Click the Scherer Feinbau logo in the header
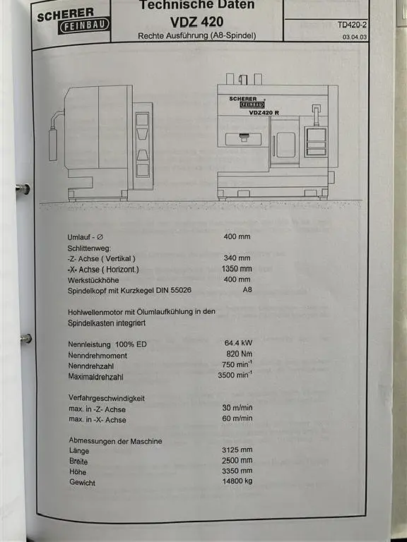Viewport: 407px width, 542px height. click(x=73, y=21)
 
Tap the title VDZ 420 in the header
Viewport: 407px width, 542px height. click(x=196, y=22)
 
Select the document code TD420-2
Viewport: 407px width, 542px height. click(x=353, y=25)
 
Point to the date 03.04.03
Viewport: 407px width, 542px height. click(x=355, y=37)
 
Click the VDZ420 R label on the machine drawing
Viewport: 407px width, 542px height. click(x=264, y=113)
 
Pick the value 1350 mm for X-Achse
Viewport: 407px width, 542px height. click(x=237, y=269)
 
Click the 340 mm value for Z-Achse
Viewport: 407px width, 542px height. click(x=237, y=258)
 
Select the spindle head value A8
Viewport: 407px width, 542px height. click(x=247, y=289)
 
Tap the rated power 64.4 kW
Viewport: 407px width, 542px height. click(x=238, y=343)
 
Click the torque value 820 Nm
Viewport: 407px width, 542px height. click(x=240, y=354)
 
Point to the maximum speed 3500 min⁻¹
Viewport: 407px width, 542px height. click(x=235, y=375)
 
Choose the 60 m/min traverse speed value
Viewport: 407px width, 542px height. click(x=237, y=418)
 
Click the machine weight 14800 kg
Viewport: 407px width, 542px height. click(x=237, y=481)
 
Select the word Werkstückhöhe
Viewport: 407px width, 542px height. click(x=93, y=280)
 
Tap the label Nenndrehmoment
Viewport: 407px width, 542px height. click(x=98, y=356)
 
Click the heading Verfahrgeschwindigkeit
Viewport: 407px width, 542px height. click(x=107, y=398)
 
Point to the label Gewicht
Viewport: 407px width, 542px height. click(x=83, y=482)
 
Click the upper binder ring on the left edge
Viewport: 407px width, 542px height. click(x=23, y=189)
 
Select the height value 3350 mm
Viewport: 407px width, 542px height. click(x=237, y=471)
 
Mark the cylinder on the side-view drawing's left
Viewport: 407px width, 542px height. click(x=53, y=145)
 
